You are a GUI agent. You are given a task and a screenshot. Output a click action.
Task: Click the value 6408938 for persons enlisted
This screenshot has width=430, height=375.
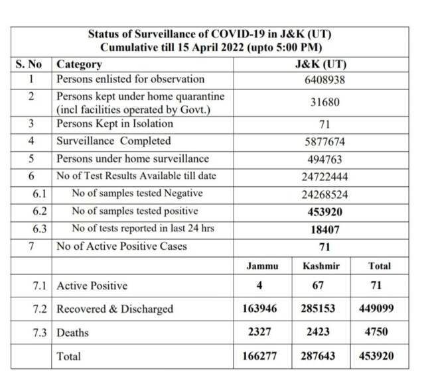321,80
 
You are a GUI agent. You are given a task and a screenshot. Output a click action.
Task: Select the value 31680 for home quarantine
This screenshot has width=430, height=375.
321,103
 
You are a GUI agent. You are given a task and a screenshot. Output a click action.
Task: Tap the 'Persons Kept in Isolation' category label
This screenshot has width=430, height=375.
114,124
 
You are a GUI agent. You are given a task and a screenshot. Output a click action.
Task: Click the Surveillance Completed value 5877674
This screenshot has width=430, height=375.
321,142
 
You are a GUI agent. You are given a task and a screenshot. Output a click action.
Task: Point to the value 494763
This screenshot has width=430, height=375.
321,159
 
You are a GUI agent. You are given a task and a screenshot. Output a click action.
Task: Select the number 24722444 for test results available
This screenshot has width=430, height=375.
321,177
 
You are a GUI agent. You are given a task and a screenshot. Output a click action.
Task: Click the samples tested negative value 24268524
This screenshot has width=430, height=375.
321,194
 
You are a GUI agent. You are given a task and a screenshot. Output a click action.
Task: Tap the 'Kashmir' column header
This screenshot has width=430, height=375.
321,266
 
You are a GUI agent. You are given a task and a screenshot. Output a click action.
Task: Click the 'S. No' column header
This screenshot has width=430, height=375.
29,65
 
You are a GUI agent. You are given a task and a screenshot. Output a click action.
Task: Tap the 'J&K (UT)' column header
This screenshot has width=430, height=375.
321,65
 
